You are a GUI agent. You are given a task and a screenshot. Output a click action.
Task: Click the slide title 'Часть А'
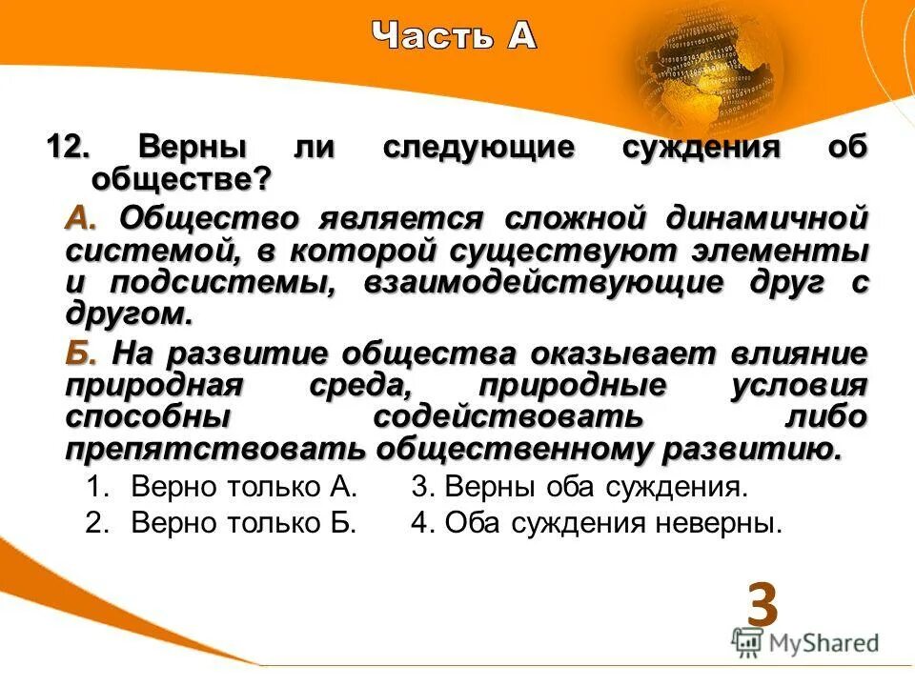pyautogui.click(x=455, y=35)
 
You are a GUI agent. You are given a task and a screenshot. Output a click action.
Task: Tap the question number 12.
pyautogui.click(x=68, y=149)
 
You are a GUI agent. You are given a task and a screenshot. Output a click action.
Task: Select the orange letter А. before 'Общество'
pyautogui.click(x=81, y=218)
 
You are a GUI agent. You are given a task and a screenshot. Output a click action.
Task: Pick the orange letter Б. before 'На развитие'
pyautogui.click(x=81, y=354)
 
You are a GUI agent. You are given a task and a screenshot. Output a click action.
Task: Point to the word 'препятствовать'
pyautogui.click(x=215, y=449)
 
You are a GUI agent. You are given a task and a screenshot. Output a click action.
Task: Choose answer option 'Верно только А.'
pyautogui.click(x=244, y=488)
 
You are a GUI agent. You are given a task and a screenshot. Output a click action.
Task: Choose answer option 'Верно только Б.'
pyautogui.click(x=244, y=522)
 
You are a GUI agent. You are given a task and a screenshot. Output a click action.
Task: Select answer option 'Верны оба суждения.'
pyautogui.click(x=580, y=488)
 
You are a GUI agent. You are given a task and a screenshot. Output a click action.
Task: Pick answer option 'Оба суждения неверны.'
pyautogui.click(x=597, y=522)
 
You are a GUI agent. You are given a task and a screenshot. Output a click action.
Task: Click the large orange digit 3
pyautogui.click(x=762, y=604)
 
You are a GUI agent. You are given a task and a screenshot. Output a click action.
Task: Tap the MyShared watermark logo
pyautogui.click(x=806, y=642)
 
